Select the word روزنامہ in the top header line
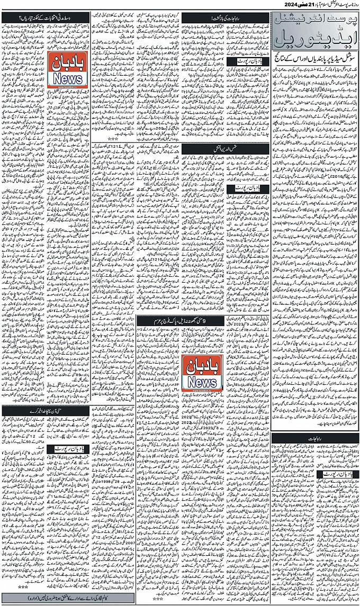[x=350, y=5]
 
